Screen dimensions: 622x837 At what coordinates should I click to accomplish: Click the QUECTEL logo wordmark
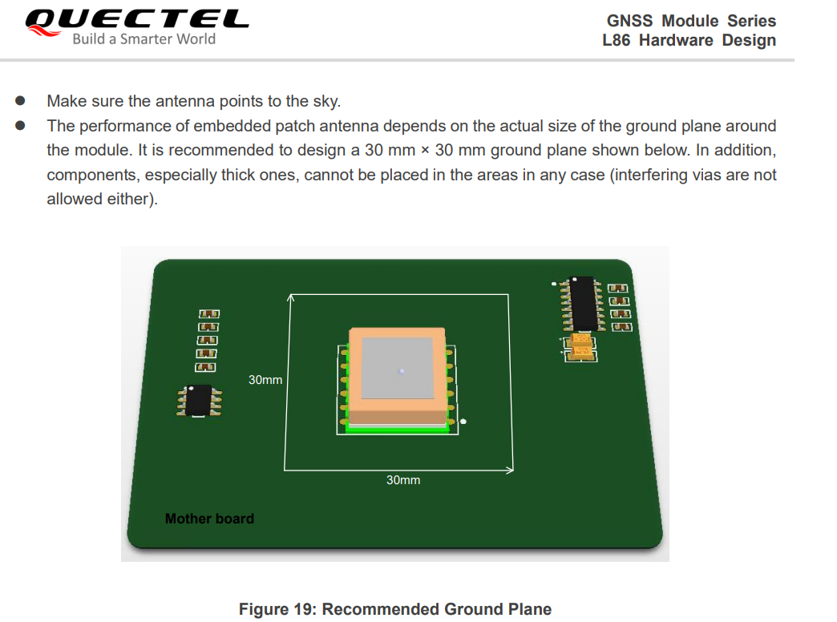136,19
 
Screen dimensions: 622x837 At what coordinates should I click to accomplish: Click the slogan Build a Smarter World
144,39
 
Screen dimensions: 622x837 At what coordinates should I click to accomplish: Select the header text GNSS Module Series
691,21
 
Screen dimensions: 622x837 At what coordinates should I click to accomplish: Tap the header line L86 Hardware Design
689,40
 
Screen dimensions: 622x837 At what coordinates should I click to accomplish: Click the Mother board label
209,519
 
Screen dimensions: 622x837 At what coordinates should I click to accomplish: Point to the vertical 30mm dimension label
265,379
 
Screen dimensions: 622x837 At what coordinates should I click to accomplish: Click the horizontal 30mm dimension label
402,479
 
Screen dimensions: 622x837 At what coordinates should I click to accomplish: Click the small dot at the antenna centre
401,370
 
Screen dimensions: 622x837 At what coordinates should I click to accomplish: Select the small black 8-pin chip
198,400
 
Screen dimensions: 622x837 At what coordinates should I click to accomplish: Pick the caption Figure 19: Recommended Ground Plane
395,609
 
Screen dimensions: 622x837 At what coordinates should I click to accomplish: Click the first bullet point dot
22,102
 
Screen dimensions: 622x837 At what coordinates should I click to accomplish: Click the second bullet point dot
22,126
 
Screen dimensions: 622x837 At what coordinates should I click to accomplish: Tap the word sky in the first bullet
325,102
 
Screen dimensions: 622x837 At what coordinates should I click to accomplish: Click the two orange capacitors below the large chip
582,346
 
